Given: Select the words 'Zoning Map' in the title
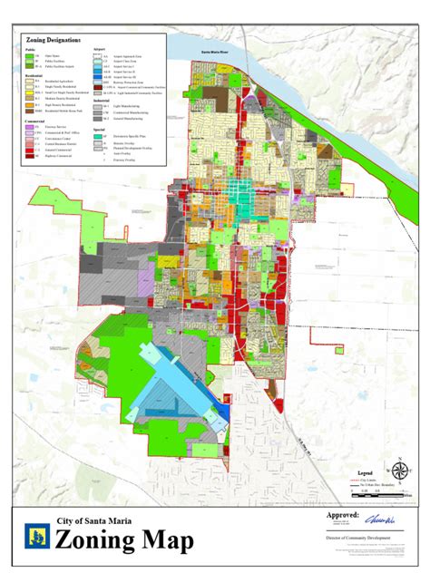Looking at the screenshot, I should [124, 541].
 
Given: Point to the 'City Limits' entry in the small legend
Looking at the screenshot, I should [372, 478].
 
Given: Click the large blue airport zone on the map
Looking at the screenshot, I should [172, 385].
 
